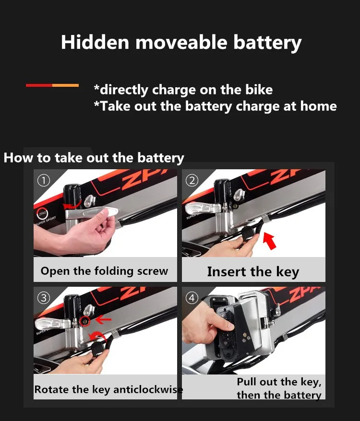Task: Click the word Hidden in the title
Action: click(x=95, y=42)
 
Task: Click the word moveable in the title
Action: click(x=181, y=42)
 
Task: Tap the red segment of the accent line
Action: click(x=39, y=85)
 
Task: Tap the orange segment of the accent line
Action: click(x=66, y=85)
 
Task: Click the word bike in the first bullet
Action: click(x=259, y=90)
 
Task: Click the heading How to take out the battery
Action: click(x=94, y=158)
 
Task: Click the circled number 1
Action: click(x=44, y=180)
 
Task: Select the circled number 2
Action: click(x=192, y=180)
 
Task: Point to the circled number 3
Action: click(x=44, y=298)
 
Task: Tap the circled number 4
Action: click(x=192, y=298)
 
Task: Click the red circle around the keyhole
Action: click(x=85, y=321)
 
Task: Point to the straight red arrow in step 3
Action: click(x=103, y=319)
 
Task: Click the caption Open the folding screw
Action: click(x=104, y=271)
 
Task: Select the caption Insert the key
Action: click(x=253, y=272)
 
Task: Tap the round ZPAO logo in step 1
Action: click(x=42, y=214)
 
